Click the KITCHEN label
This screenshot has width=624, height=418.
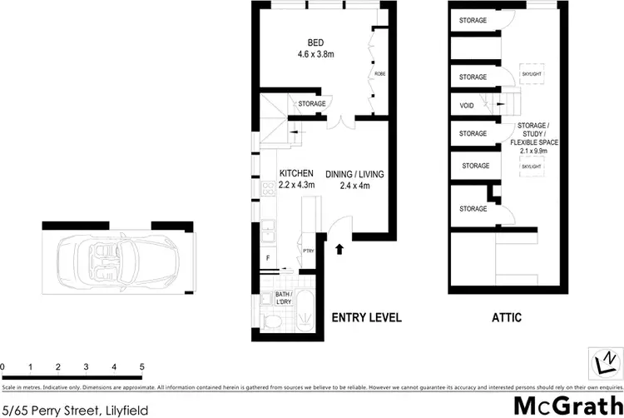296,173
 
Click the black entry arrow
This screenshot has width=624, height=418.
339,248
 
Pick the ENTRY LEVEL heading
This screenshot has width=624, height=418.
367,317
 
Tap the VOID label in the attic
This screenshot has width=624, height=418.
467,106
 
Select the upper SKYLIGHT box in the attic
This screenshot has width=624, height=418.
531,73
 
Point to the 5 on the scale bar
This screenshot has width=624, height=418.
142,366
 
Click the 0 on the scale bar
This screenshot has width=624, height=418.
3,366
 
